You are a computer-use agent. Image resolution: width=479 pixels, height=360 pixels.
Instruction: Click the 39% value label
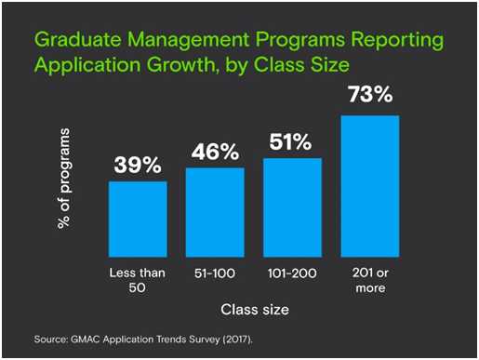click(x=138, y=166)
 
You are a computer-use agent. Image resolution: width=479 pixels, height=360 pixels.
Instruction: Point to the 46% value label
click(x=215, y=152)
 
